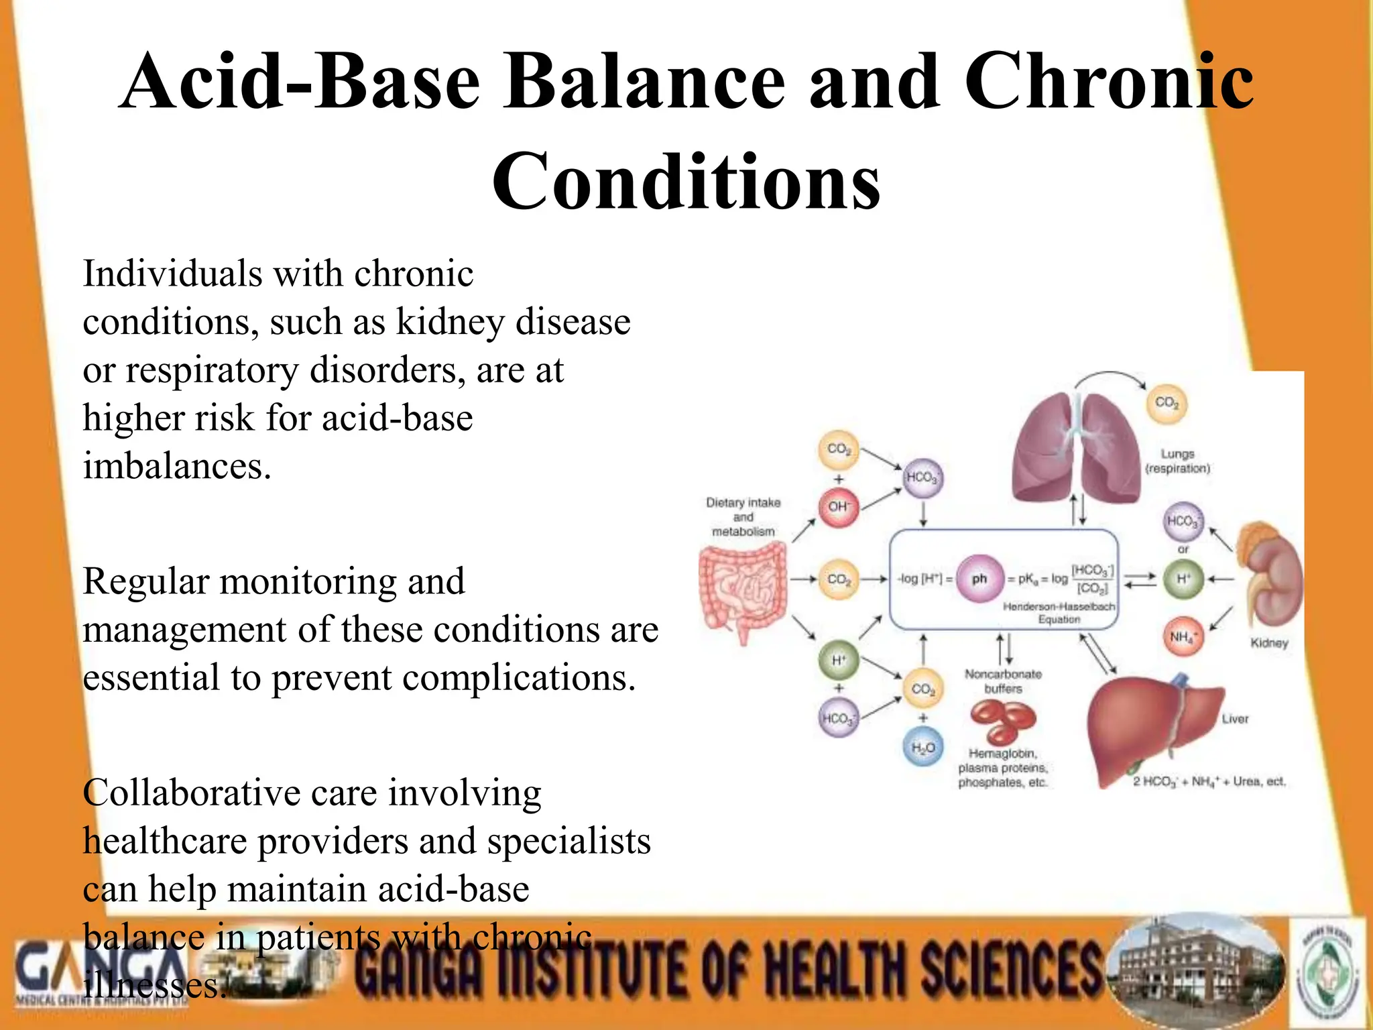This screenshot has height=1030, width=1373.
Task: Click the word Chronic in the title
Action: [x=1109, y=82]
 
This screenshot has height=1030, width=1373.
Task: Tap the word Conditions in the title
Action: [x=686, y=181]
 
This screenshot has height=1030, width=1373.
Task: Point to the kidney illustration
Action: [x=1270, y=577]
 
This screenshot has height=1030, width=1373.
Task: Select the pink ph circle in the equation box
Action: [x=979, y=579]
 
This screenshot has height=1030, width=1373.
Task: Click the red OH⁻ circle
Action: [x=838, y=506]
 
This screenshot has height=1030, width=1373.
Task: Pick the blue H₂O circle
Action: [x=923, y=748]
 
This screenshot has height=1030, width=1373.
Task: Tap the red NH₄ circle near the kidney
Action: [x=1183, y=636]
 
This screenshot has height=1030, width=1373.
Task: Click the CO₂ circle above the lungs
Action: [x=1167, y=403]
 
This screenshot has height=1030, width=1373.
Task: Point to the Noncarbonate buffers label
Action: [x=1003, y=681]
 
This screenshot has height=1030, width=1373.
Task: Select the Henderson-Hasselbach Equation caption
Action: [x=1059, y=613]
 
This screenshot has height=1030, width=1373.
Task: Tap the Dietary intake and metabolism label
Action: [x=743, y=516]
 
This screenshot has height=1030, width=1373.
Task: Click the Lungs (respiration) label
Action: [x=1178, y=461]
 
